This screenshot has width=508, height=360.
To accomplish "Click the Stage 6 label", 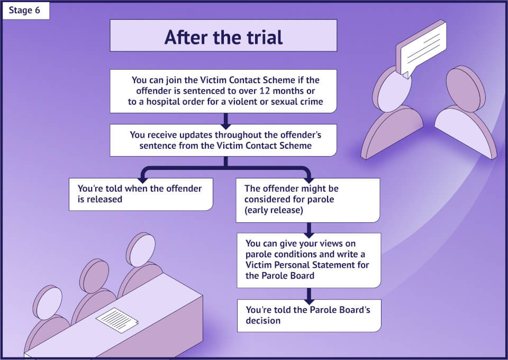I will [25, 11].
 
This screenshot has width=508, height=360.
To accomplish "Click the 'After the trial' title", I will [223, 37].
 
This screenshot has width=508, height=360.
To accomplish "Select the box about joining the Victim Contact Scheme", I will [223, 91].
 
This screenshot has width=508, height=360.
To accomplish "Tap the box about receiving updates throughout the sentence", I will [223, 140].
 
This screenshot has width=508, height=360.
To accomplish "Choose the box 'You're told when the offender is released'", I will [141, 194].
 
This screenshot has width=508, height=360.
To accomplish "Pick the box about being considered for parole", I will [307, 200].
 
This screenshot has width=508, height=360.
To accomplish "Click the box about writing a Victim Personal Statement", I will [309, 260].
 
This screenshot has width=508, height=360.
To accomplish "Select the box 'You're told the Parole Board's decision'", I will [309, 316].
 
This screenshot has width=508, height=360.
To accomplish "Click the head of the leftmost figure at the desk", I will [48, 302].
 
